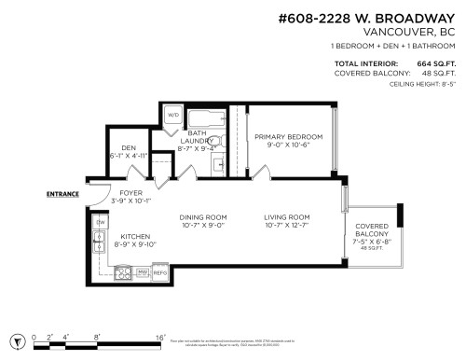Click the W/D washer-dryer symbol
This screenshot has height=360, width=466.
coord(173,118)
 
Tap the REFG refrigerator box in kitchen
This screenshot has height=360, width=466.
coord(159,272)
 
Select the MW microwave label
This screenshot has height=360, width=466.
coord(143,272)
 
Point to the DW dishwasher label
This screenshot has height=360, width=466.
coord(100,222)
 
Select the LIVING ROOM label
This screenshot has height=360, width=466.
coord(286,216)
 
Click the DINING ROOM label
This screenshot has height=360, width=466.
coord(203,216)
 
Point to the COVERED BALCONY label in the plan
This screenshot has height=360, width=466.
coord(371,228)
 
